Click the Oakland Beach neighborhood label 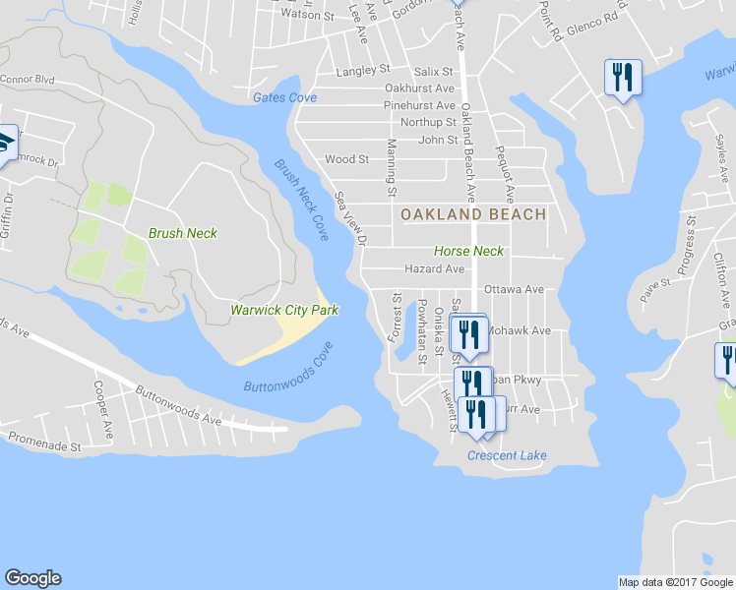[x=472, y=213]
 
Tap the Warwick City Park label [x=284, y=311]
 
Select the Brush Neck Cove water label [x=301, y=201]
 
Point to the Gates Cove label [x=284, y=97]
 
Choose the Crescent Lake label [x=507, y=455]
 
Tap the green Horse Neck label [x=468, y=251]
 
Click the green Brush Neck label [x=182, y=234]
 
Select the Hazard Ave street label [x=434, y=268]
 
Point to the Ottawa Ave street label [x=514, y=290]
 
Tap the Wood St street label [x=346, y=158]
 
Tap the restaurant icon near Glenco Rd [x=622, y=77]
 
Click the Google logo [x=32, y=578]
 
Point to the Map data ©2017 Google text [x=675, y=582]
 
